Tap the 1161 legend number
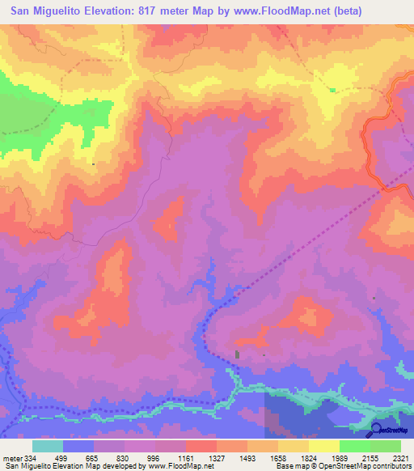[x=186, y=457]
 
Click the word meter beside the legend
[x=11, y=457]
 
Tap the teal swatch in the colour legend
[x=48, y=446]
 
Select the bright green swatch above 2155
[x=355, y=446]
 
